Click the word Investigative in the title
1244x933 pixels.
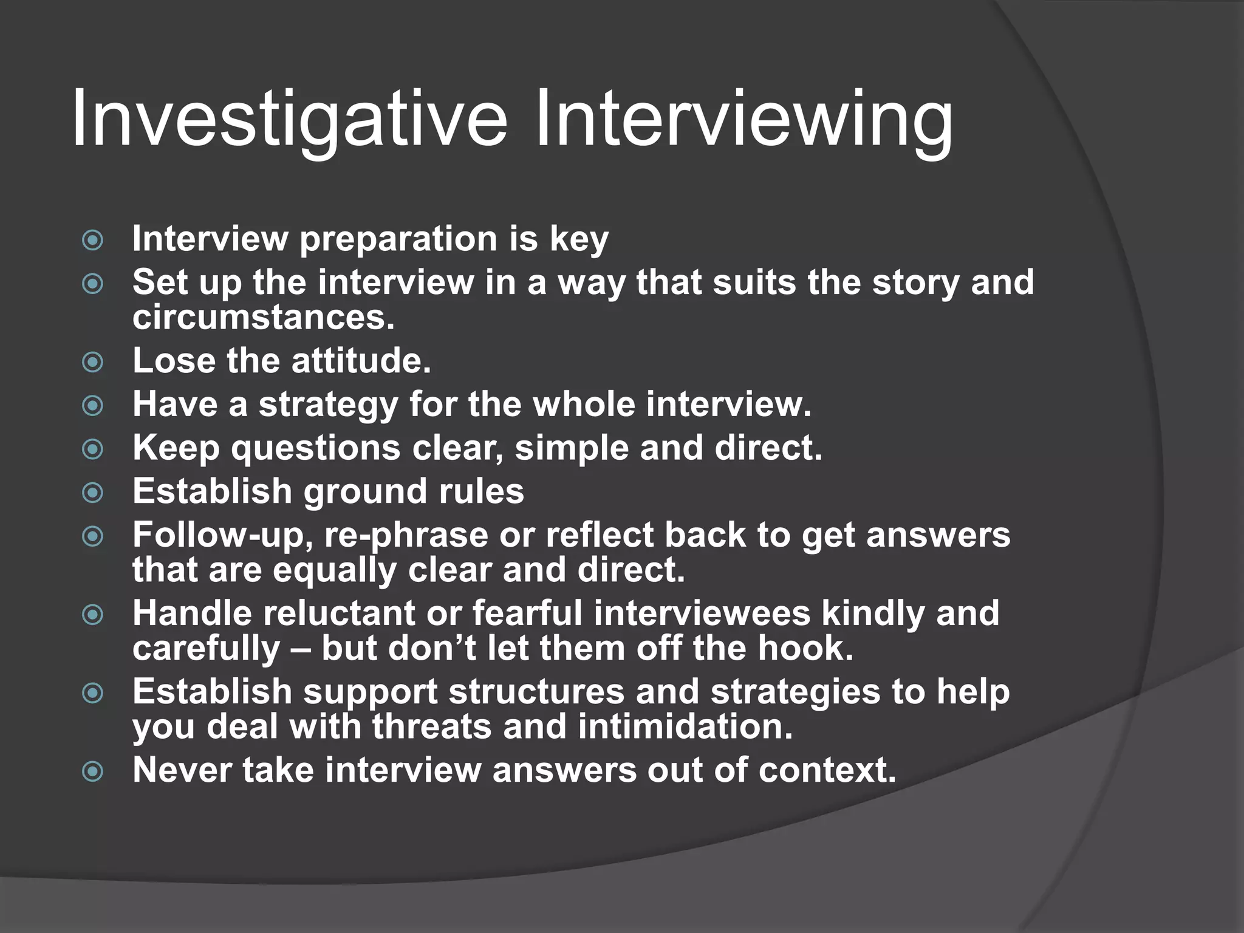pyautogui.click(x=289, y=118)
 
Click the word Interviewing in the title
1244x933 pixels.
pyautogui.click(x=743, y=118)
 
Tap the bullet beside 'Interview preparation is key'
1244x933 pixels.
pyautogui.click(x=92, y=240)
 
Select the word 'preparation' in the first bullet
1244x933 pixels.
pyautogui.click(x=398, y=239)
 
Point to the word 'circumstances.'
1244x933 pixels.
pyautogui.click(x=264, y=317)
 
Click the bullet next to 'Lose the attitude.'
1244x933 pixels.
pyautogui.click(x=92, y=363)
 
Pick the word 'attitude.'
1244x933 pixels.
pyautogui.click(x=361, y=360)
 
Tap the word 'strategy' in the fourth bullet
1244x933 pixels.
pyautogui.click(x=328, y=405)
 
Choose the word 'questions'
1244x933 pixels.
pyautogui.click(x=316, y=449)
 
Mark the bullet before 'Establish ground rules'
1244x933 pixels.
pyautogui.click(x=92, y=493)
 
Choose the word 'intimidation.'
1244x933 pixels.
pyautogui.click(x=686, y=726)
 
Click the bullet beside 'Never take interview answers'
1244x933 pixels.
pyautogui.click(x=92, y=772)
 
